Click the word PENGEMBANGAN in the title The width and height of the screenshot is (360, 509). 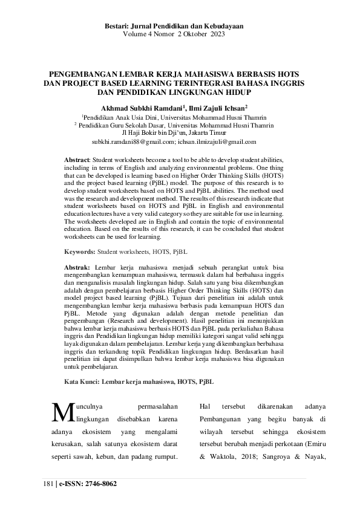tap(85, 74)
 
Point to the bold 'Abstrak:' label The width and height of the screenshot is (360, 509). tap(77, 267)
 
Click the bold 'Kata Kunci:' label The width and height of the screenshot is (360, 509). tap(82, 382)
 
